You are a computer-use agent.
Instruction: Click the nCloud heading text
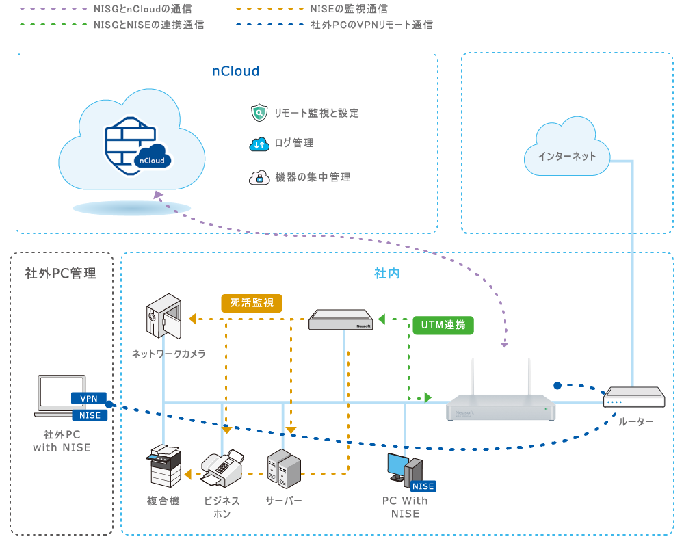coord(235,71)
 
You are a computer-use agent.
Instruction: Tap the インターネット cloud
coord(566,156)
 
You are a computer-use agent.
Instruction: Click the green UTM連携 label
coord(444,325)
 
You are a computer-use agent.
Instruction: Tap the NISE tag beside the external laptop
coord(90,415)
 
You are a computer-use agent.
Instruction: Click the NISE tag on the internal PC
coord(423,486)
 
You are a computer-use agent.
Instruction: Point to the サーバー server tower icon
coord(283,469)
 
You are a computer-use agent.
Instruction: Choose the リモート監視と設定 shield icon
coord(259,113)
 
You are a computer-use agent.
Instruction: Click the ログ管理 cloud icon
coord(259,144)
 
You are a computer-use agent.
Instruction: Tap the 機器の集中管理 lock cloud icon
coord(259,177)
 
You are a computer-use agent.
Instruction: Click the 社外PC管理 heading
coord(60,274)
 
